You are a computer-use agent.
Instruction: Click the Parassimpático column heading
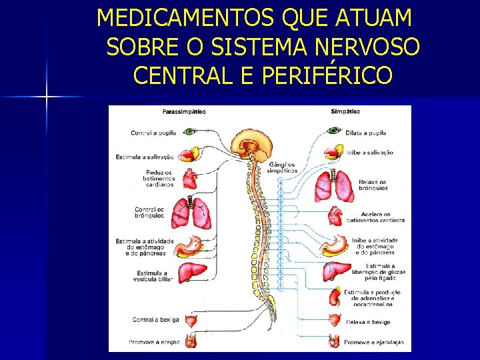tap(183, 111)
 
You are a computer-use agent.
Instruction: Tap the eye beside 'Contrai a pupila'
tap(190, 132)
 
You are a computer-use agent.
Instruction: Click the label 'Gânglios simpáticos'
tap(282, 167)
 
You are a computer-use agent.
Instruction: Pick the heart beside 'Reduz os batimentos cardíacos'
tap(191, 179)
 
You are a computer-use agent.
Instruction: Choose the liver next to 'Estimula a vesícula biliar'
tap(192, 273)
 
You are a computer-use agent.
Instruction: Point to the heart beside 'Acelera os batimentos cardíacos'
tap(335, 217)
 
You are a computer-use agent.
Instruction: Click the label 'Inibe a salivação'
tap(369, 152)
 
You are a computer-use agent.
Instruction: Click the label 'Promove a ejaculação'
tap(373, 343)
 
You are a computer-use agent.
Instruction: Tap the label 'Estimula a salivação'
tap(145, 157)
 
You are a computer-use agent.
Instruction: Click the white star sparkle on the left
tap(47, 97)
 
